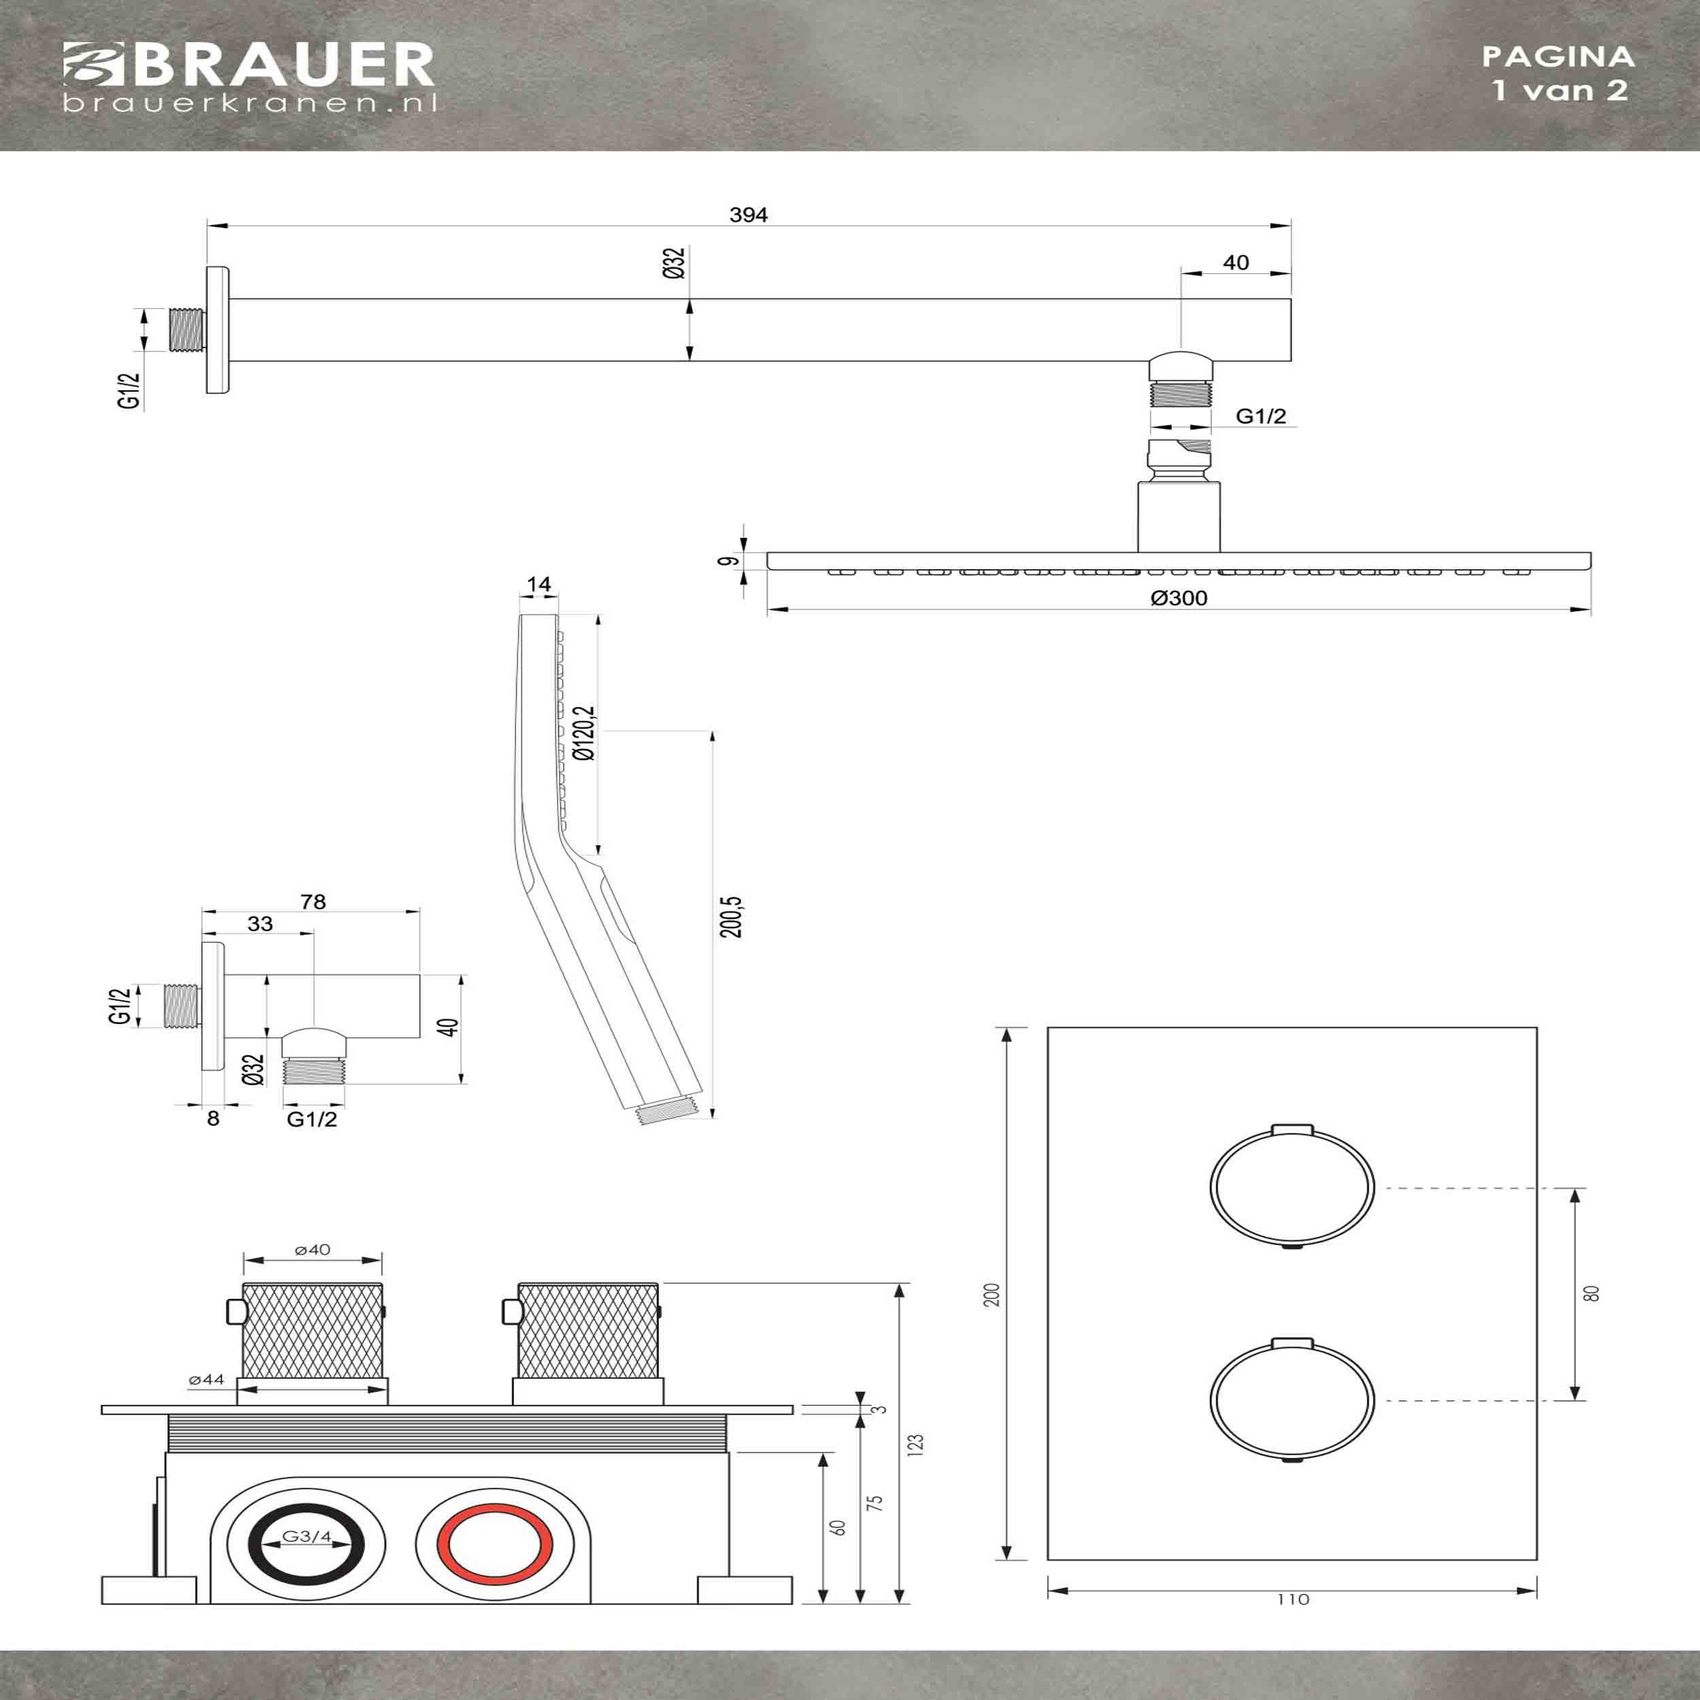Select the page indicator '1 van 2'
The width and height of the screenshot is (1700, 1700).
click(1559, 90)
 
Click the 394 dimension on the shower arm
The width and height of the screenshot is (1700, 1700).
click(748, 216)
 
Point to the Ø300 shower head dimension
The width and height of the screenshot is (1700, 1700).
click(1178, 598)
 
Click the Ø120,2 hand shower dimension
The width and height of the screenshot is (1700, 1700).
click(584, 733)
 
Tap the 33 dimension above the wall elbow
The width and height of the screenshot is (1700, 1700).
click(260, 924)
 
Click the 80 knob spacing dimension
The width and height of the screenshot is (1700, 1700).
click(1591, 1293)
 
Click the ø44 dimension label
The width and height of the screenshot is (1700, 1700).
click(207, 1380)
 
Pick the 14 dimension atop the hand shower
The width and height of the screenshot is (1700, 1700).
click(539, 584)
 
